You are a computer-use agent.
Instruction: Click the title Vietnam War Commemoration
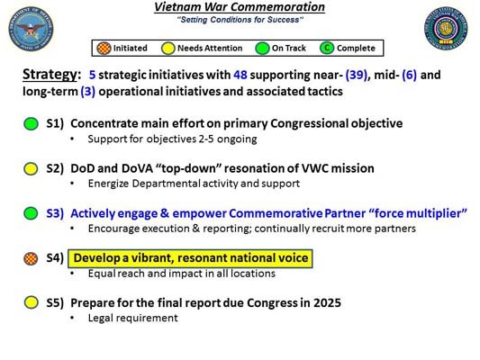[240, 7]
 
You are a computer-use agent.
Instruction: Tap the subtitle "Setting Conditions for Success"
[240, 20]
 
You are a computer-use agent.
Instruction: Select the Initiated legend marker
[104, 48]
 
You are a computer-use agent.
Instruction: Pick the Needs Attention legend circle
[169, 48]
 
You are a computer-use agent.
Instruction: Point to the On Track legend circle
[263, 48]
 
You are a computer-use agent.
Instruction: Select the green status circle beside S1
[32, 124]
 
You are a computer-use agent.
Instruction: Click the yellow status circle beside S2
[32, 168]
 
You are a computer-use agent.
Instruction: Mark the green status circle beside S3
[32, 213]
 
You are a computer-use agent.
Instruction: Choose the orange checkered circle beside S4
[32, 258]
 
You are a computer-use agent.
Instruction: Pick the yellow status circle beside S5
[32, 303]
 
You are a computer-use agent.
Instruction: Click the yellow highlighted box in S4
[190, 258]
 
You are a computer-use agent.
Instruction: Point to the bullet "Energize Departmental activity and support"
[193, 184]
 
